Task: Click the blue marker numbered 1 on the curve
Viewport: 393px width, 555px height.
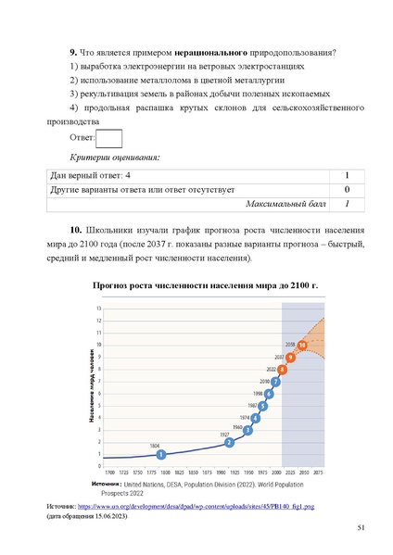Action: point(161,454)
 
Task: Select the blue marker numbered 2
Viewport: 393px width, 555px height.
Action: point(229,442)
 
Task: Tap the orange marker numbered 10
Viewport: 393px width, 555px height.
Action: point(302,346)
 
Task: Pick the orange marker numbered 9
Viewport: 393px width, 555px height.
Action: point(291,358)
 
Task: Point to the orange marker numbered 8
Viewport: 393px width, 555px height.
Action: point(283,371)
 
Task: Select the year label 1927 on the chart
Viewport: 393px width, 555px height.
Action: point(224,433)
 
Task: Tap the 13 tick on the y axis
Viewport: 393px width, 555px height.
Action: point(99,308)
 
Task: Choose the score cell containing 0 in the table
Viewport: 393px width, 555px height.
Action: point(346,189)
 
